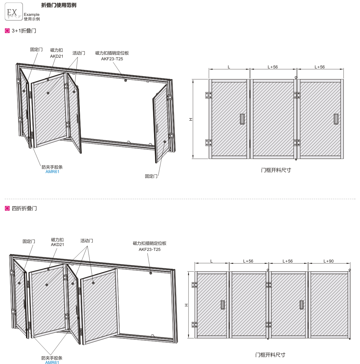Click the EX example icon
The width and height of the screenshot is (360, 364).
click(x=14, y=12)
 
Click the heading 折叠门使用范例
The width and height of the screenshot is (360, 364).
click(x=59, y=5)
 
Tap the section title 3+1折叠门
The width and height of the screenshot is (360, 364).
click(x=24, y=31)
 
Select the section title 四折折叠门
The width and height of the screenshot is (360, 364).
click(x=24, y=208)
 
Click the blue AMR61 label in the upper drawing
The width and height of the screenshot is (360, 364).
click(x=52, y=172)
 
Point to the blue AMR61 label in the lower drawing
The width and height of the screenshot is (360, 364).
click(x=52, y=362)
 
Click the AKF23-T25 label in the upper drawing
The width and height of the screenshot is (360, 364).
click(x=112, y=59)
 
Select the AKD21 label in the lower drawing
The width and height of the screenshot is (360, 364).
click(x=57, y=245)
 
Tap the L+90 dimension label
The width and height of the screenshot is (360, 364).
click(x=329, y=261)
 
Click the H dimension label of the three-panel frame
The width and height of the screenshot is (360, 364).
click(x=191, y=119)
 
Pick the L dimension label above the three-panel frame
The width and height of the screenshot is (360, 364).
click(x=229, y=67)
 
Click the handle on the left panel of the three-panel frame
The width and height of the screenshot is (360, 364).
click(x=242, y=119)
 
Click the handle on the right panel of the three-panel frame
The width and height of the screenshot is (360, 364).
click(x=336, y=119)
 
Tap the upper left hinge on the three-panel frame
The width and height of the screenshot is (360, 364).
click(x=208, y=95)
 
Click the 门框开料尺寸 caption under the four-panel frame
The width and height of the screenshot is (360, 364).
click(x=270, y=355)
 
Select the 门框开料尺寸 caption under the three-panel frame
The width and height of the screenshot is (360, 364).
click(x=276, y=170)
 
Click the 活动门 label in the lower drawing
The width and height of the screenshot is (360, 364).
click(x=87, y=241)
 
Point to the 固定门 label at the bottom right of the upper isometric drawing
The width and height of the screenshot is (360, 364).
click(x=151, y=176)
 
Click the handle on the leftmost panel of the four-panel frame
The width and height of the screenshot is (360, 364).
click(x=222, y=305)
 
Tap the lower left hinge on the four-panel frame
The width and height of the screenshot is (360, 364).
click(x=194, y=324)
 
